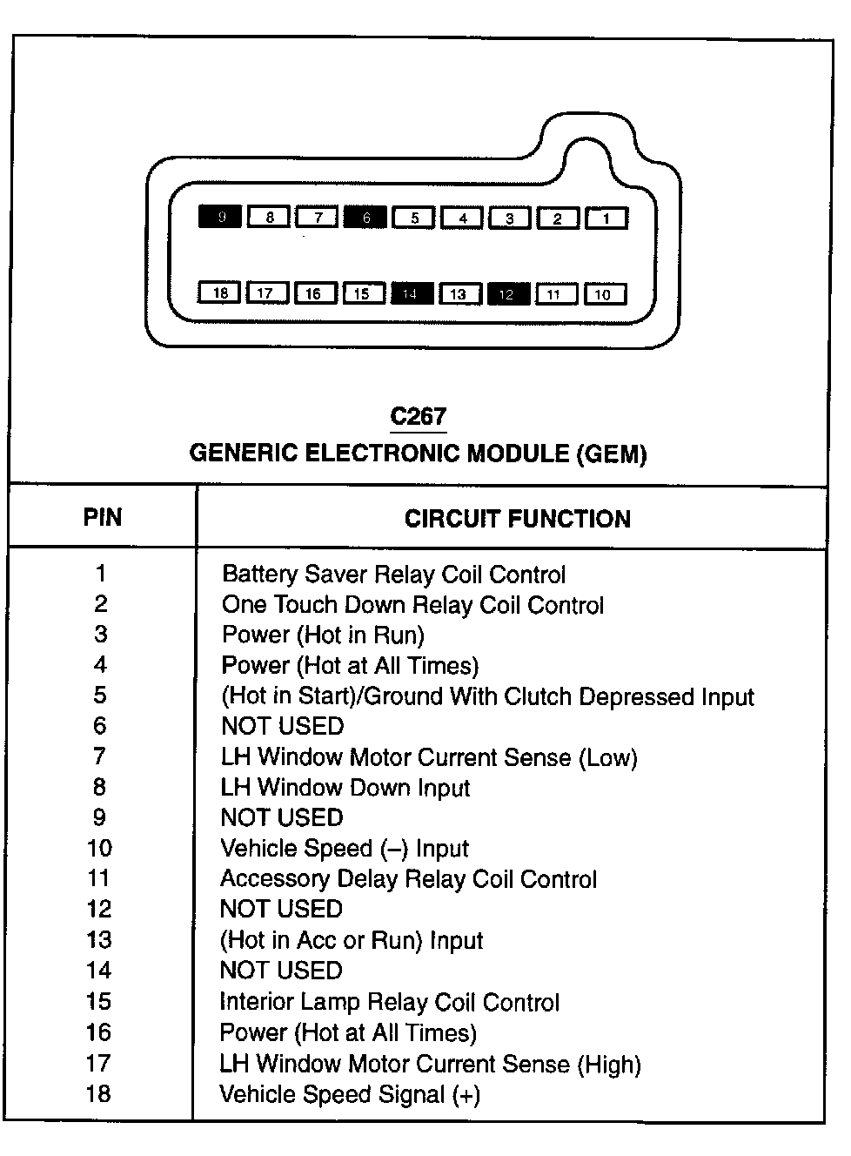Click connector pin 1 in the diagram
[606, 218]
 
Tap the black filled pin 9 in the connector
[220, 217]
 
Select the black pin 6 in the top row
[365, 217]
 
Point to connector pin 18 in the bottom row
[220, 293]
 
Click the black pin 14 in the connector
[412, 293]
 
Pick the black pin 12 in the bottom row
[508, 293]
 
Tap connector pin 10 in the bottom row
[604, 294]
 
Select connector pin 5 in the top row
[414, 218]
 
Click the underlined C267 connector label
[418, 417]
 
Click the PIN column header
[103, 518]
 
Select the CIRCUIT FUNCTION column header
[517, 520]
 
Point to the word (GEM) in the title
[611, 454]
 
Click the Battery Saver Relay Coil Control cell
[393, 575]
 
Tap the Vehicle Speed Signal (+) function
[350, 1094]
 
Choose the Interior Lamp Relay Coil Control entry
[389, 1002]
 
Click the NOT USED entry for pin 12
[282, 910]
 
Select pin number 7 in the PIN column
[100, 756]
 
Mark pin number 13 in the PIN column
[99, 940]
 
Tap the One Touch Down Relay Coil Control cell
[412, 605]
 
